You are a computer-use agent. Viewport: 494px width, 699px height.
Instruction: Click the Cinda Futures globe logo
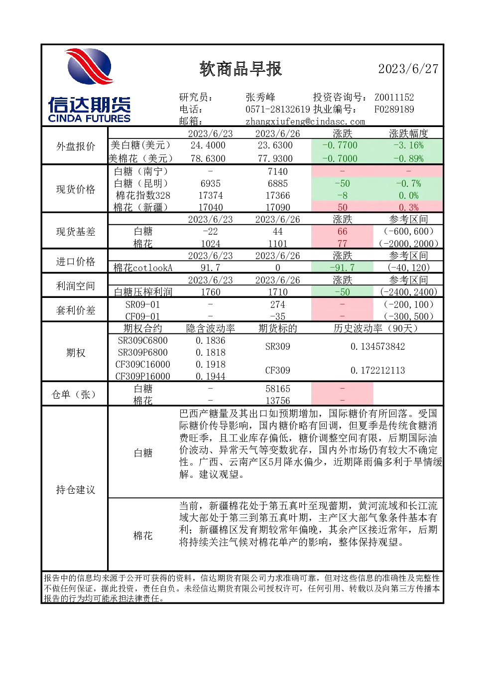click(90, 66)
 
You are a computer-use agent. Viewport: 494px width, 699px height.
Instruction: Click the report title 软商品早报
click(241, 69)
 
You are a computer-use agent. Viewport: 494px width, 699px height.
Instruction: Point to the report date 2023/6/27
click(408, 69)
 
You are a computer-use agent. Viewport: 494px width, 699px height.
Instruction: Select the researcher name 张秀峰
click(260, 97)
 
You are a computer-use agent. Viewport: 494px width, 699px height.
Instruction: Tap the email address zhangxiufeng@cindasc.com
click(305, 121)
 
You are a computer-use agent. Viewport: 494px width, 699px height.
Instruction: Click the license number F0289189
click(394, 109)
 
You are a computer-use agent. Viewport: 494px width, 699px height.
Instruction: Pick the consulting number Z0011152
click(394, 97)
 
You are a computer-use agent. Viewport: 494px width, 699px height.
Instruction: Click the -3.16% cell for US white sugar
click(408, 145)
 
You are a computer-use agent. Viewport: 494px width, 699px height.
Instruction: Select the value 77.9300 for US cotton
click(275, 158)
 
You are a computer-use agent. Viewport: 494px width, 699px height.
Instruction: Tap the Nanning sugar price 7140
click(277, 171)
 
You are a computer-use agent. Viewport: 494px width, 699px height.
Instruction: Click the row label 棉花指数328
click(143, 195)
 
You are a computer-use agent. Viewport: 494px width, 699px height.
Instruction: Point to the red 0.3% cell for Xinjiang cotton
click(408, 207)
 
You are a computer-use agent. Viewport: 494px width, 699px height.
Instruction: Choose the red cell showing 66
click(342, 231)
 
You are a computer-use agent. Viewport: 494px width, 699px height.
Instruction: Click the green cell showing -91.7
click(342, 268)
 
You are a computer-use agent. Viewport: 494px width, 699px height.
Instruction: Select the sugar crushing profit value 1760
click(211, 292)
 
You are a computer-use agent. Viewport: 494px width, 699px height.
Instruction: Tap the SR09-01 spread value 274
click(277, 304)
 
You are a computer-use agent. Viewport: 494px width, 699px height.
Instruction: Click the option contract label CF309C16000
click(143, 364)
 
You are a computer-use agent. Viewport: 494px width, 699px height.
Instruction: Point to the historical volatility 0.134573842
click(377, 346)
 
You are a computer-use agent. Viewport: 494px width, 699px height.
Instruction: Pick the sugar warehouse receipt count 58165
click(277, 389)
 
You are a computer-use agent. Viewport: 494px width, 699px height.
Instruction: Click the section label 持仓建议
click(76, 490)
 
